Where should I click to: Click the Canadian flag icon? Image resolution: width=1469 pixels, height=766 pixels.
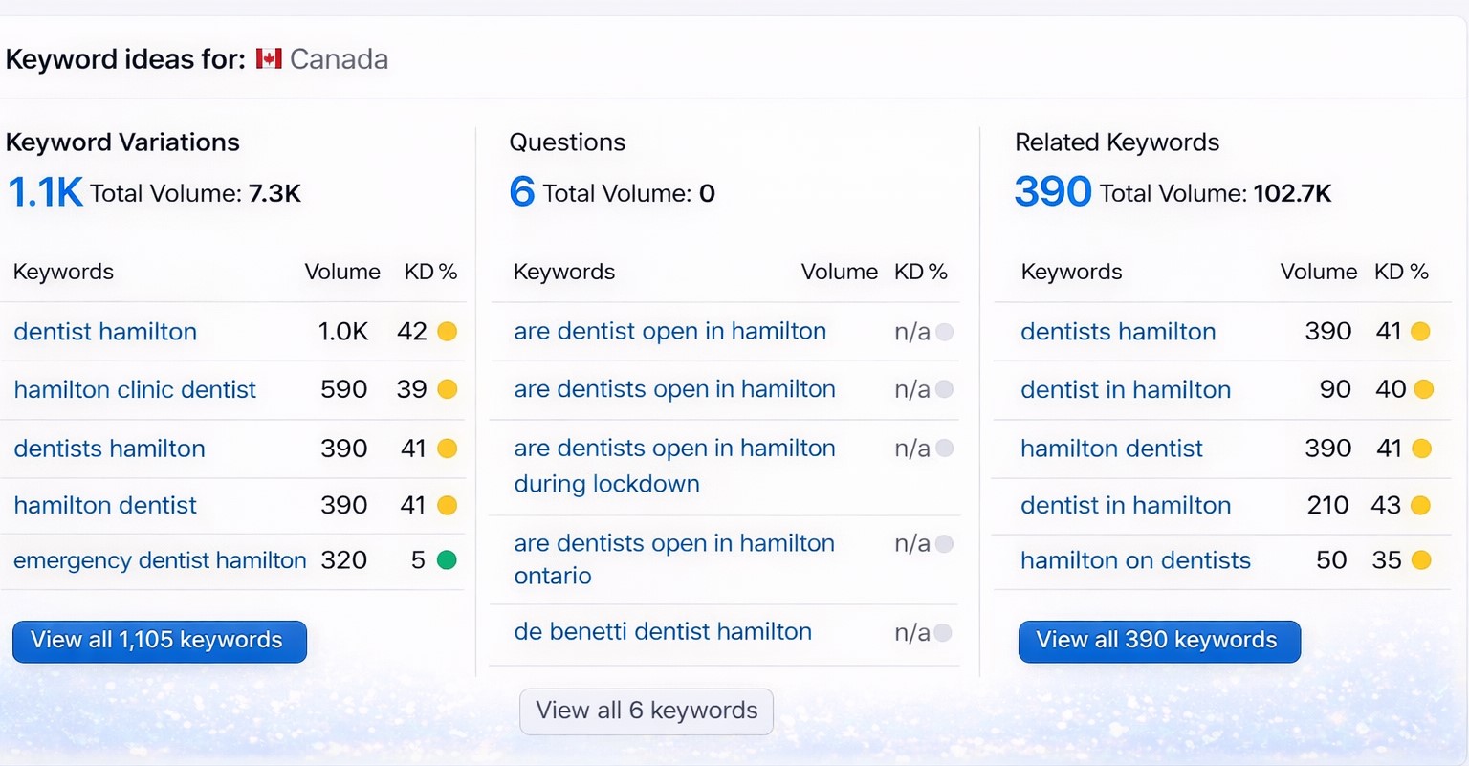269,59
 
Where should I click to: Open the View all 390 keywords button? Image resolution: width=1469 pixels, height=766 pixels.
1158,641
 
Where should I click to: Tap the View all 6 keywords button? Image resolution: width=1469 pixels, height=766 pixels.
647,711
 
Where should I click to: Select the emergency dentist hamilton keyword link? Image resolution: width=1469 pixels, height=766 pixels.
160,560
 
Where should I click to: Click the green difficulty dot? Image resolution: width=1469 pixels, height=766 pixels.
447,560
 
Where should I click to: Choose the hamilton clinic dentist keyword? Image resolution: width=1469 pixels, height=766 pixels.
135,389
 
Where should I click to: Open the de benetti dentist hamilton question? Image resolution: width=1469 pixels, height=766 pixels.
663,631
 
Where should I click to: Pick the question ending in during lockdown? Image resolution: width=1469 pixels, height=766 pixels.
674,466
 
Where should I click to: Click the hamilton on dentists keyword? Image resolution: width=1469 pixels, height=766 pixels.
1135,560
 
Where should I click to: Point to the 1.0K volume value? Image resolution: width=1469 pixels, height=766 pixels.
342,332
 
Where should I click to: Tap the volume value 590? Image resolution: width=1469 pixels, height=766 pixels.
343,389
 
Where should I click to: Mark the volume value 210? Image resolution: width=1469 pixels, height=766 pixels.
1327,505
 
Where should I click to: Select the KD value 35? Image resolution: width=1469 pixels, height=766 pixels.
1386,560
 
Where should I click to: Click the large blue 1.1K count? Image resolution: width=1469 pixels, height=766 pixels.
45,193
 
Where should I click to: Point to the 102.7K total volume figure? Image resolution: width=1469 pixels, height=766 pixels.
1292,194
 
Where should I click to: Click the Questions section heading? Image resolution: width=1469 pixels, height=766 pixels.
567,142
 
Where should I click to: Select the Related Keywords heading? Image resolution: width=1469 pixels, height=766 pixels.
1117,142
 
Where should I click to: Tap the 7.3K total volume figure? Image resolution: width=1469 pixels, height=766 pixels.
274,194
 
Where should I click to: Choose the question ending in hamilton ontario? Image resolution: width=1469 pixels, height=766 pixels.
674,559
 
